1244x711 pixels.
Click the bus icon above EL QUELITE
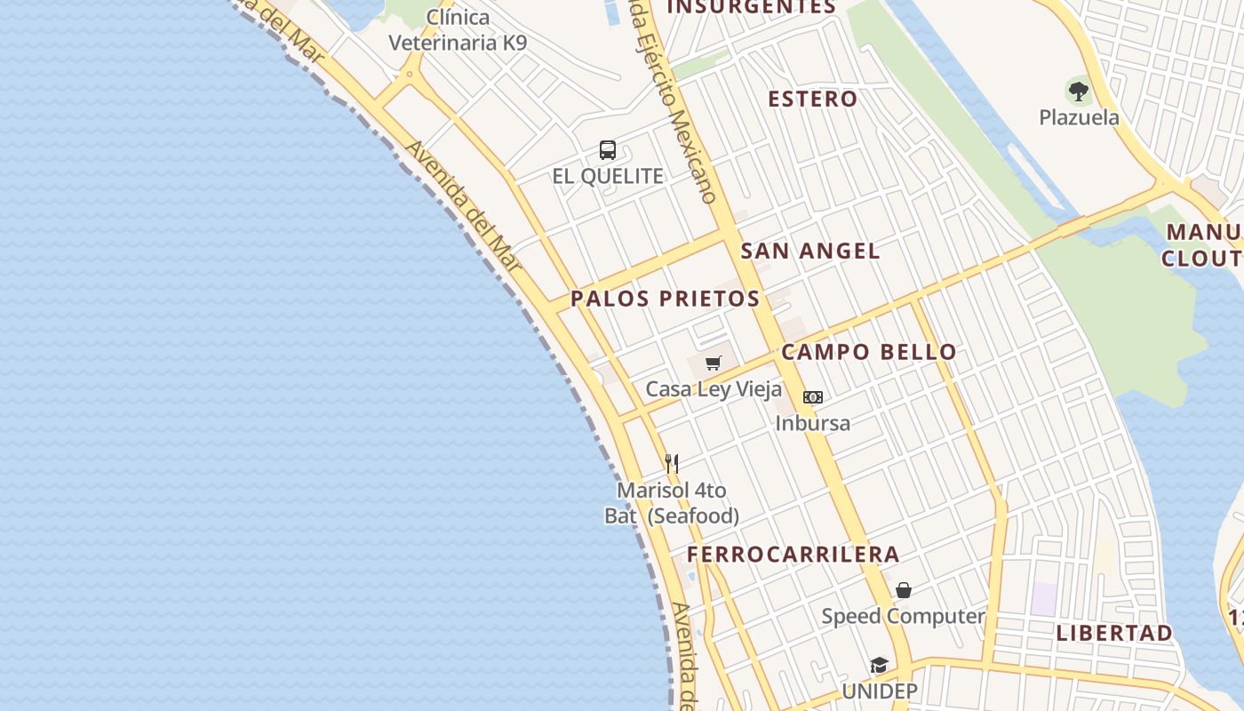click(x=608, y=150)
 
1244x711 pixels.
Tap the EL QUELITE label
click(x=608, y=176)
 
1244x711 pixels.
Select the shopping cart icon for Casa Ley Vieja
click(x=713, y=363)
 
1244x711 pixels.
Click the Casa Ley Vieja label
click(x=714, y=389)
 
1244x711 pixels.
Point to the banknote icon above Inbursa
click(x=813, y=397)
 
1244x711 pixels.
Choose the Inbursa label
click(x=812, y=423)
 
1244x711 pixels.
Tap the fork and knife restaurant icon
click(x=672, y=463)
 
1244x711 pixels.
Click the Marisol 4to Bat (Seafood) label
click(x=672, y=503)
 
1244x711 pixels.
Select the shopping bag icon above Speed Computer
click(x=904, y=590)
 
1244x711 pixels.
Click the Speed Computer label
click(x=903, y=616)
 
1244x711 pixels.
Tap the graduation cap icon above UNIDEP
click(x=879, y=666)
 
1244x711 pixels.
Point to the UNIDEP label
click(x=879, y=691)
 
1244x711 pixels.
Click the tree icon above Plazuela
click(x=1079, y=91)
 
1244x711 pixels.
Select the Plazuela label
click(x=1079, y=117)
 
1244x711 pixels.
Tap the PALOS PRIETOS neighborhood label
click(x=665, y=299)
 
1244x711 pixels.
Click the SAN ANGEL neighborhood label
click(x=810, y=252)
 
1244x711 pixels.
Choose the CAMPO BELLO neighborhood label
click(x=869, y=352)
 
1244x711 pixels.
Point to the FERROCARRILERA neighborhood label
click(x=793, y=555)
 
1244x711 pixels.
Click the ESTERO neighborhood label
click(x=813, y=99)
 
